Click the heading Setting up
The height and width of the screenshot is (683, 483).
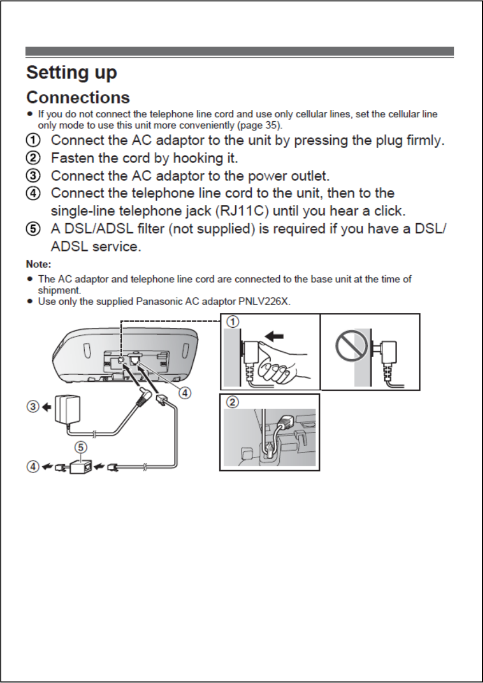tap(72, 73)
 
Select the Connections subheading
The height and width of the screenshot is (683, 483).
tap(78, 98)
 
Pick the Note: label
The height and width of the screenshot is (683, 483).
tap(39, 265)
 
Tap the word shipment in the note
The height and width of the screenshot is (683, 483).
tap(60, 290)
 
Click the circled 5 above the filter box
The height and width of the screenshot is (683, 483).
tap(82, 446)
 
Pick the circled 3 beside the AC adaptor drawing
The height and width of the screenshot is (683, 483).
tap(34, 408)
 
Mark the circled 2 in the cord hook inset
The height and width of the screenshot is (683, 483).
tap(232, 402)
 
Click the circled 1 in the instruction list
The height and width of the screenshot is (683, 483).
tap(34, 140)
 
